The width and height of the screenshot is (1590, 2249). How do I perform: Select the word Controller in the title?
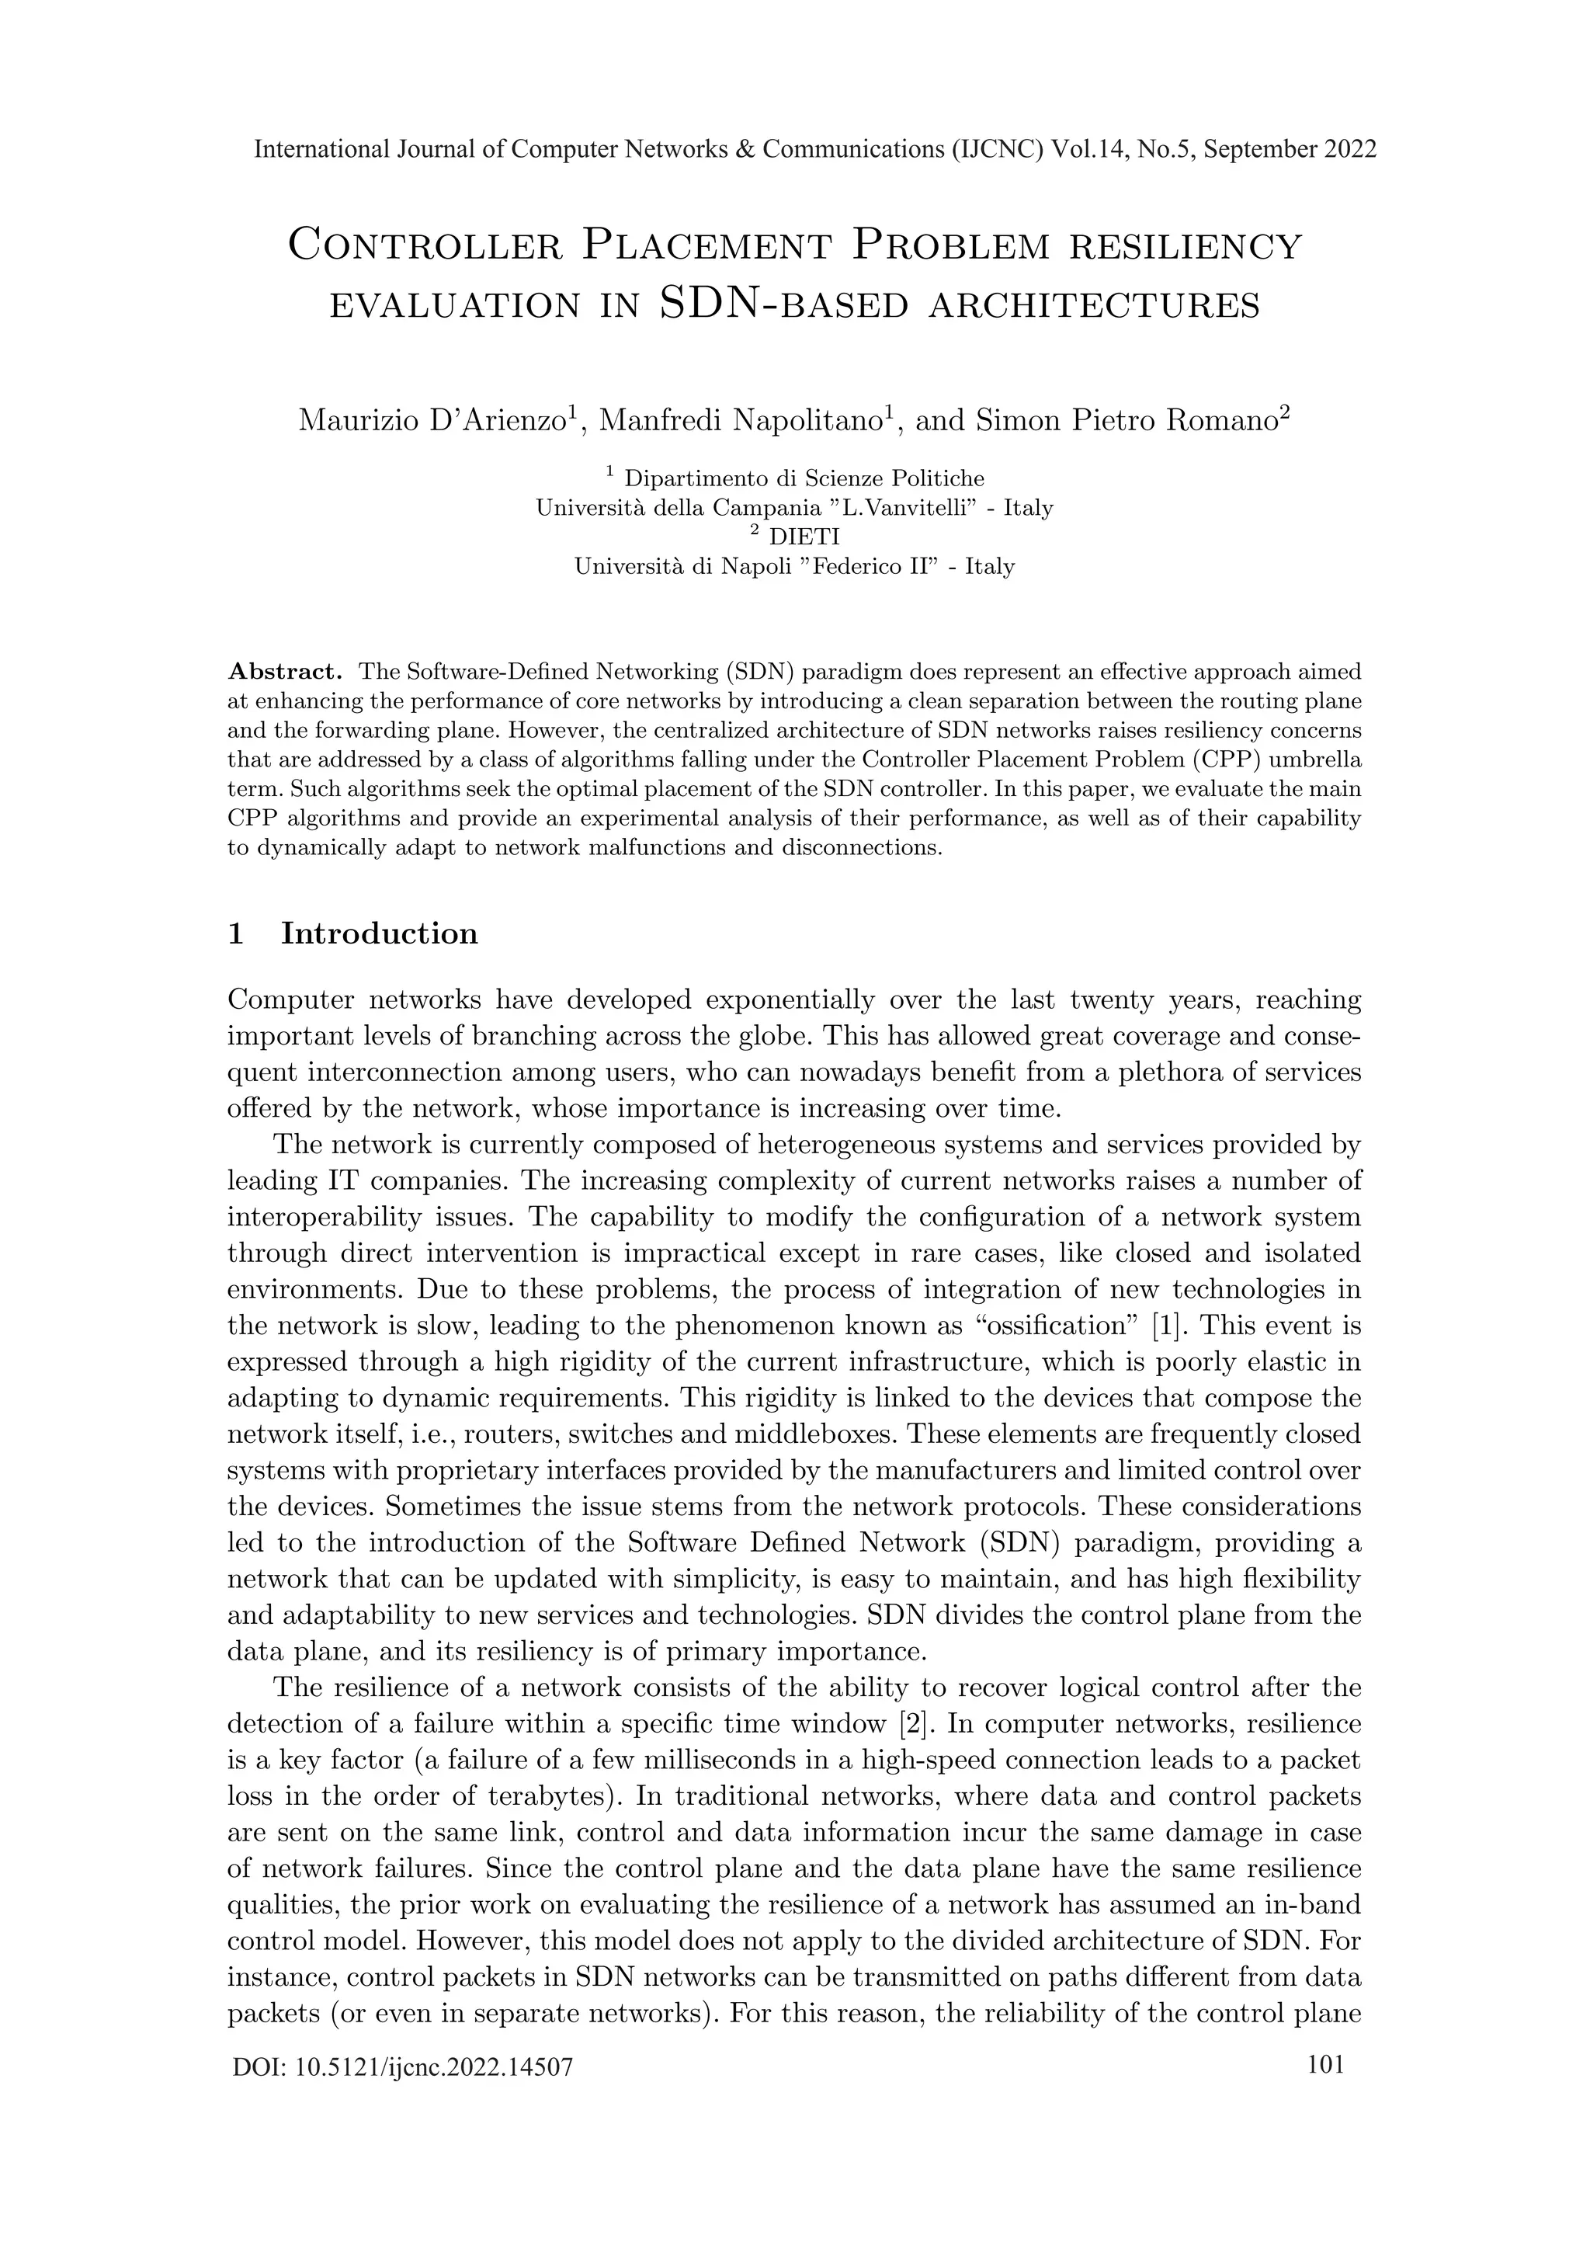click(x=425, y=245)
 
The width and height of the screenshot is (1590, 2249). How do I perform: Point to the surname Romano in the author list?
click(x=1219, y=420)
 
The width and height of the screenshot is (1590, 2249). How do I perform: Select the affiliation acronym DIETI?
click(x=805, y=537)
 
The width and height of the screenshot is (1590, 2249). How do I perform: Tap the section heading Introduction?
click(x=379, y=933)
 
